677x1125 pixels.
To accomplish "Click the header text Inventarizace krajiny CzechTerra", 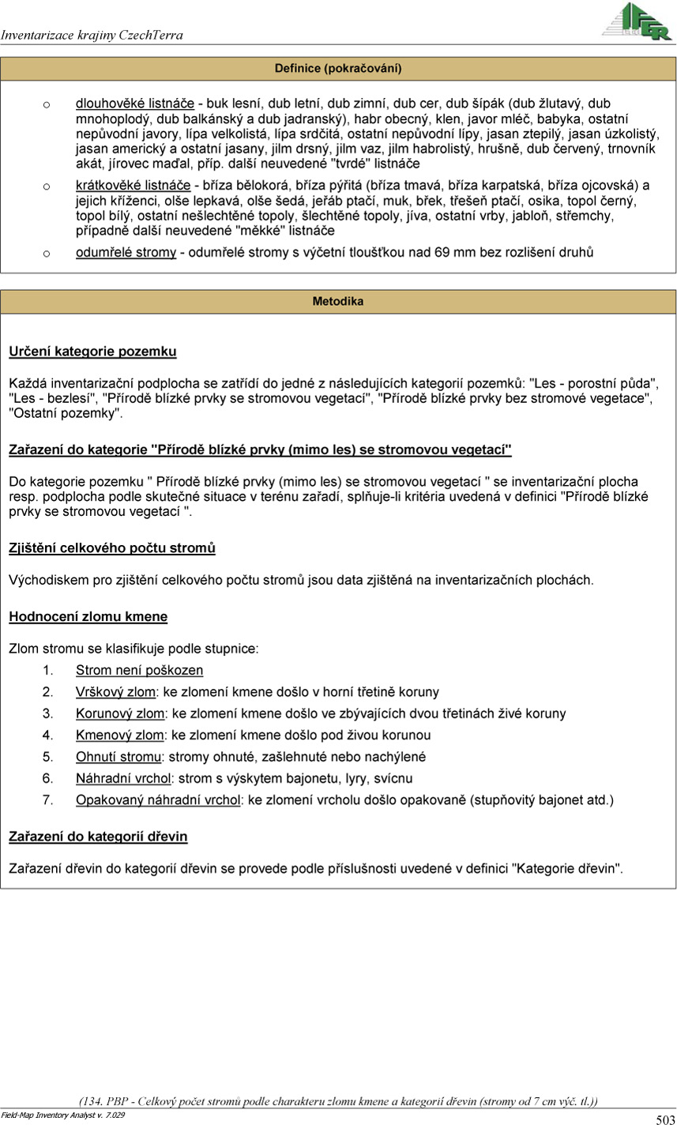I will click(92, 36).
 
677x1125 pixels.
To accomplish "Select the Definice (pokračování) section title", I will click(338, 69).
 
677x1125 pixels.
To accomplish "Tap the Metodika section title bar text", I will click(338, 302).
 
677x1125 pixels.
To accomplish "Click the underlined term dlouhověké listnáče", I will click(135, 103).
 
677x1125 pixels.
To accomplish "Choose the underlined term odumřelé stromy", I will click(126, 253).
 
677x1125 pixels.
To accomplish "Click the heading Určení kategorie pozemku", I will click(92, 351).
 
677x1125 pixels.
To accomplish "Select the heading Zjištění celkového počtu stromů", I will click(111, 547).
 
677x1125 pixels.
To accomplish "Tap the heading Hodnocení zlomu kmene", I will click(88, 616).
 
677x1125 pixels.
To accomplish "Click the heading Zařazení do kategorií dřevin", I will click(98, 836).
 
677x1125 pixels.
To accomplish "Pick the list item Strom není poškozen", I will click(139, 671).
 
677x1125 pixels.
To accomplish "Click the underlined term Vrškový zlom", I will click(115, 692).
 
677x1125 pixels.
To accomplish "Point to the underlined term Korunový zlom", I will click(119, 713).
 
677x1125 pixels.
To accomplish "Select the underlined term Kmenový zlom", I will click(119, 736).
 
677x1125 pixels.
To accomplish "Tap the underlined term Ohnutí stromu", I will click(118, 757).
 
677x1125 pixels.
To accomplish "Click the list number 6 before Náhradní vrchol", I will click(47, 778).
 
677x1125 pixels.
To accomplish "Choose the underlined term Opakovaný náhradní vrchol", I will click(158, 800).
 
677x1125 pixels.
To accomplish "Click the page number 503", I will click(664, 1119).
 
